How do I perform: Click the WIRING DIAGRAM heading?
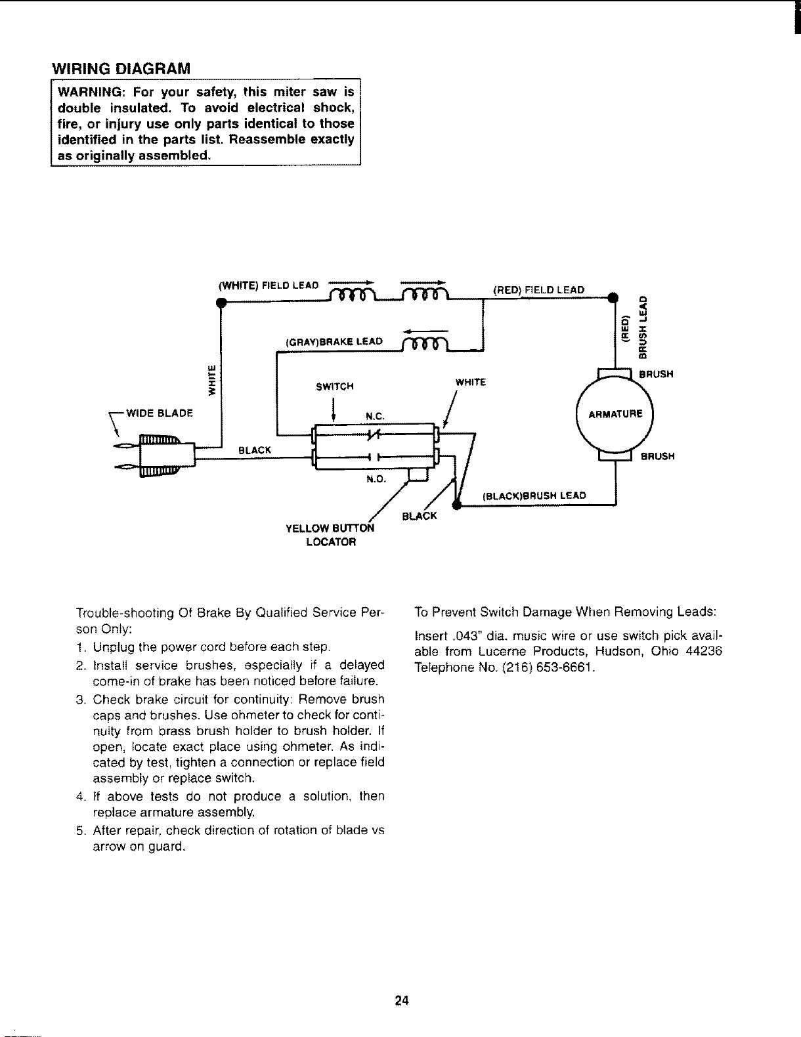pyautogui.click(x=121, y=68)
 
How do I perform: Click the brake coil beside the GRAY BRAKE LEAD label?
pyautogui.click(x=425, y=343)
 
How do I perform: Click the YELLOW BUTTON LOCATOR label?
pyautogui.click(x=330, y=535)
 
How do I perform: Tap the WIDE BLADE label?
pyautogui.click(x=158, y=413)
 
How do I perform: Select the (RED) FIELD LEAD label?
pyautogui.click(x=538, y=289)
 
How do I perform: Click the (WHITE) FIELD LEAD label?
pyautogui.click(x=268, y=286)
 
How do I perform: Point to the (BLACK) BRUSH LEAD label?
pyautogui.click(x=534, y=496)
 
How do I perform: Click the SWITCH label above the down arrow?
pyautogui.click(x=335, y=386)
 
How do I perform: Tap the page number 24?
pyautogui.click(x=402, y=1000)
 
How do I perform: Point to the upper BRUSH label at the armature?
pyautogui.click(x=657, y=375)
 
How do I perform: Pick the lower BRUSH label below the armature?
pyautogui.click(x=657, y=456)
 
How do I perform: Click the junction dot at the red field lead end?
pyautogui.click(x=615, y=299)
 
